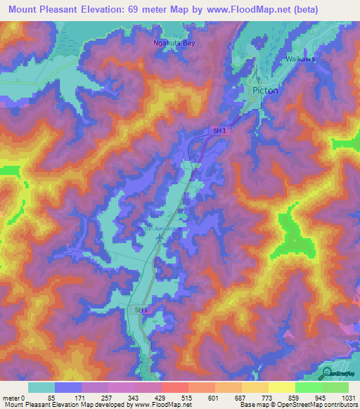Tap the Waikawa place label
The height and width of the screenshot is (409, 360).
300,60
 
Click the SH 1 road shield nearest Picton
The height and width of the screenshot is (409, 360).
221,131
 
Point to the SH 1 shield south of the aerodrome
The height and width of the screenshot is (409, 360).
141,309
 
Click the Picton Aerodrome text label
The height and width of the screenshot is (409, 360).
159,228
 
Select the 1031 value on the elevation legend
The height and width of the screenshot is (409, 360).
347,397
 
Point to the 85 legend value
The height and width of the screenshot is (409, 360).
51,397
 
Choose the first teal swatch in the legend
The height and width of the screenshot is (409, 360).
41,387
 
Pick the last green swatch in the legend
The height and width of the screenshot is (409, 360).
335,387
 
